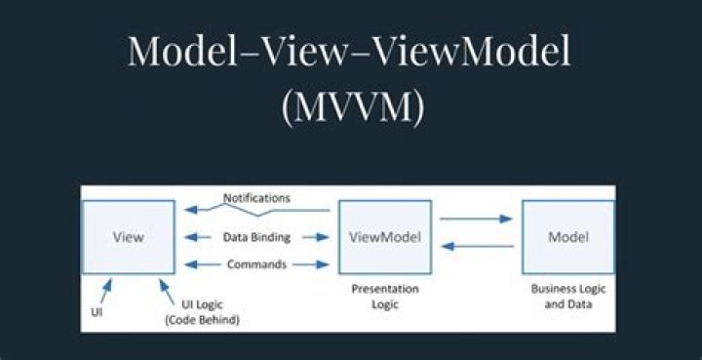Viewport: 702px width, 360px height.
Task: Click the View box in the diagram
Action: coord(129,237)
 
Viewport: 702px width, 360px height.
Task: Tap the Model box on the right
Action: coord(567,237)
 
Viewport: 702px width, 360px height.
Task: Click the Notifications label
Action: coord(256,197)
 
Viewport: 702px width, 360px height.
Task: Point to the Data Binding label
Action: coord(256,237)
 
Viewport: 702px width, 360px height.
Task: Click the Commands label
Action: coord(256,263)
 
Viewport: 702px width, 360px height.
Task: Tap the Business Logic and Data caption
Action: coord(567,297)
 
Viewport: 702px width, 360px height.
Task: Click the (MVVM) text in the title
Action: coord(351,107)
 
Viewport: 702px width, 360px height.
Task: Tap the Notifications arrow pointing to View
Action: coord(210,207)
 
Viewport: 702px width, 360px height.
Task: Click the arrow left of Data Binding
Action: coord(201,237)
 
